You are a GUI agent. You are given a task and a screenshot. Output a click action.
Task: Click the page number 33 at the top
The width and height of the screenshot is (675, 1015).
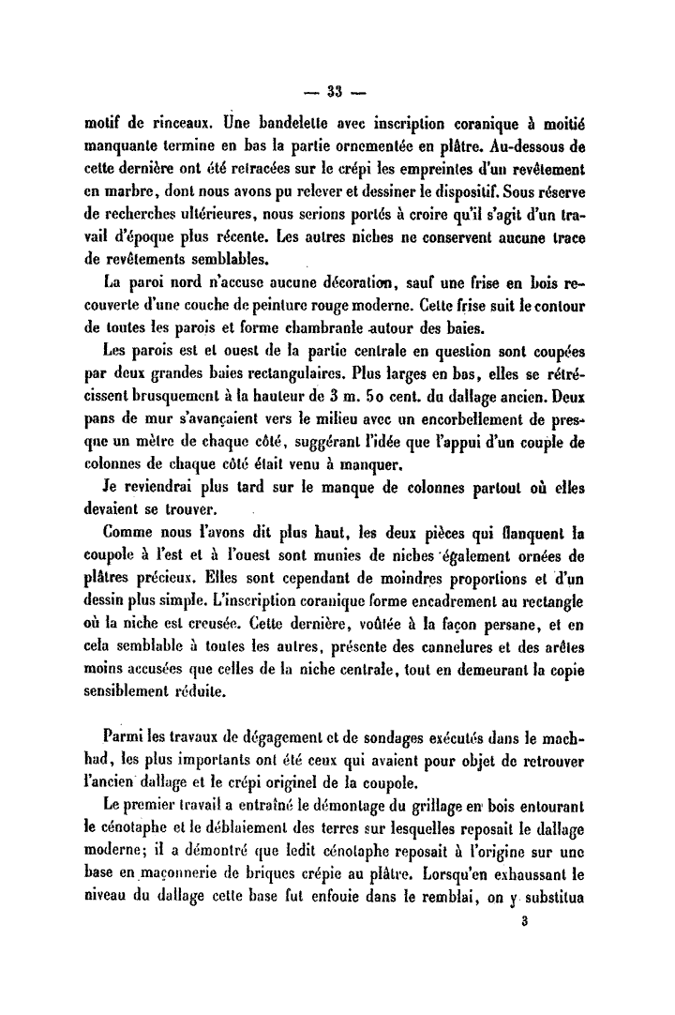coord(337,92)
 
